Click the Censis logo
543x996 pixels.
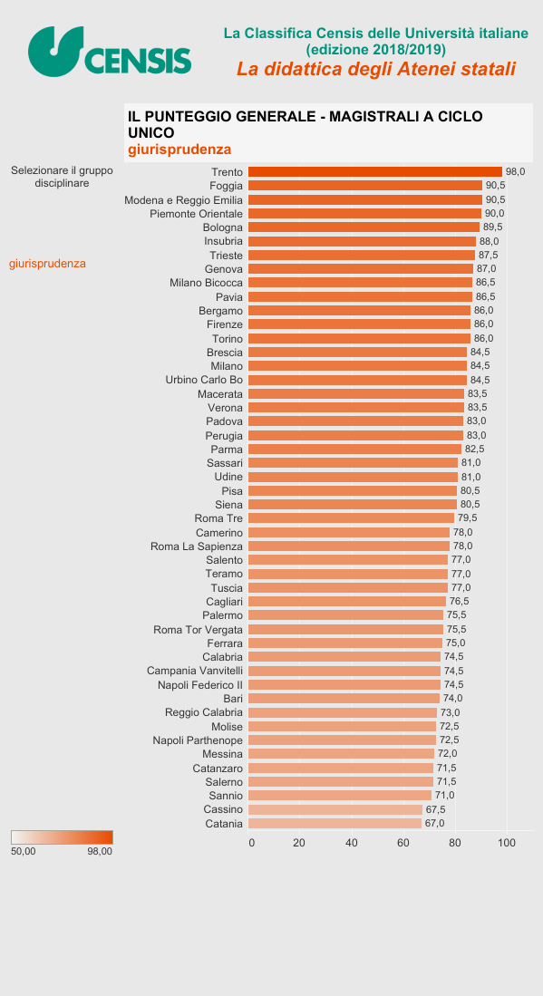click(110, 52)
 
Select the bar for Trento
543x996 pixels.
click(374, 171)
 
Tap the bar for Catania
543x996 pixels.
click(335, 823)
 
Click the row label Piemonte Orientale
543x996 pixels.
click(196, 214)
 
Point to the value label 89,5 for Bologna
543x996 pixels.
click(492, 227)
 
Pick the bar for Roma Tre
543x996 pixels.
click(351, 518)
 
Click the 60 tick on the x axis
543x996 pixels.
click(403, 843)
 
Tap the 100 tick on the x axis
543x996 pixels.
click(506, 843)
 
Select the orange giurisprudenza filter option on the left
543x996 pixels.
click(48, 264)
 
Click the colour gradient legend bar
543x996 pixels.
click(62, 837)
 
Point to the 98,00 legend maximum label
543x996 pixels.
click(100, 852)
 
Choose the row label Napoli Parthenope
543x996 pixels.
click(198, 740)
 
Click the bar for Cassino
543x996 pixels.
click(335, 809)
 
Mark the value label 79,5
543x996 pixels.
click(468, 518)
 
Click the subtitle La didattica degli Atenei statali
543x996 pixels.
click(376, 69)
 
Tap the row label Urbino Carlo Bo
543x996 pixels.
click(205, 380)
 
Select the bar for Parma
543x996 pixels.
click(355, 450)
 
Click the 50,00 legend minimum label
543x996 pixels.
click(24, 852)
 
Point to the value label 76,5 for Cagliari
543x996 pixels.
click(460, 602)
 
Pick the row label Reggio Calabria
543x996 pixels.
click(204, 712)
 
